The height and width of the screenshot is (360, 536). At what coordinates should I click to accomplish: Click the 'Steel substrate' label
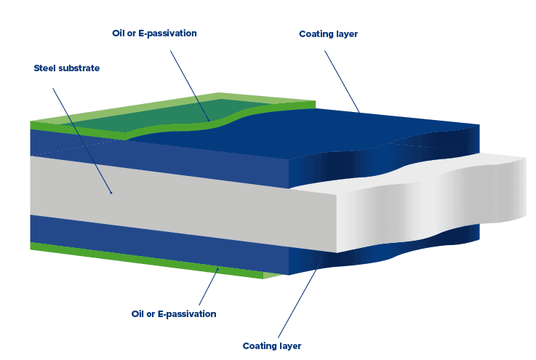point(67,68)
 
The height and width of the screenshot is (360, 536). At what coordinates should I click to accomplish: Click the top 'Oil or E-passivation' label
point(154,33)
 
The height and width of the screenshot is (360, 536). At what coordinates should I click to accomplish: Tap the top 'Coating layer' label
point(328,34)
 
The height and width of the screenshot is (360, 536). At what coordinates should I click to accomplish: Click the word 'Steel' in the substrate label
point(46,68)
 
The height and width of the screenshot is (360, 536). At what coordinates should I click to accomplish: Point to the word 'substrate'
point(80,68)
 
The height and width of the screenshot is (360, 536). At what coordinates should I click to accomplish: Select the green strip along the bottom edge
point(145,260)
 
